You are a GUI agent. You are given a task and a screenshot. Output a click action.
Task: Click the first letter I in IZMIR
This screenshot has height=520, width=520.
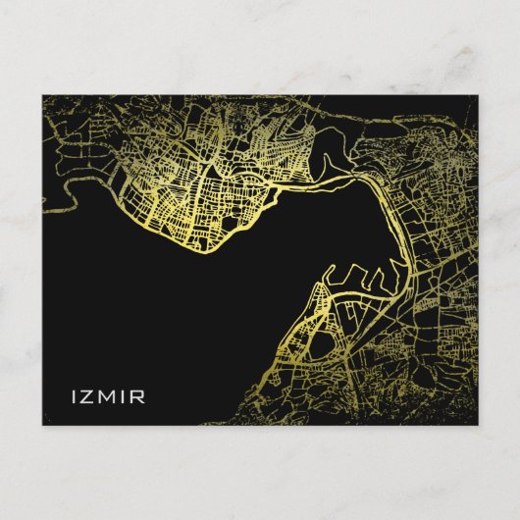click(76, 397)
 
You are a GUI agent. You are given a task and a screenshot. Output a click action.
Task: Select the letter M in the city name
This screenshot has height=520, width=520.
click(109, 397)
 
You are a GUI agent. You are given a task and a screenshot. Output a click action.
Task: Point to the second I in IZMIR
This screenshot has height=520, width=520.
click(125, 397)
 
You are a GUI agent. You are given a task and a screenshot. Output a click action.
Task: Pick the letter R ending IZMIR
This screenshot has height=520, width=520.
click(138, 397)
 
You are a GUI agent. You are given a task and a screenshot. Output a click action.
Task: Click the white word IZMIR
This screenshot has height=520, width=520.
click(107, 397)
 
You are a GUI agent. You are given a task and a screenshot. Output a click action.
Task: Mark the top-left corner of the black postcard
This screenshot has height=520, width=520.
click(42, 95)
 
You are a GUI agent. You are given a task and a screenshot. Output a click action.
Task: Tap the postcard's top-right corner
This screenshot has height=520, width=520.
click(477, 95)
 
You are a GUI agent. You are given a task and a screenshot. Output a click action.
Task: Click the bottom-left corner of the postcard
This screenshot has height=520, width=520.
click(42, 425)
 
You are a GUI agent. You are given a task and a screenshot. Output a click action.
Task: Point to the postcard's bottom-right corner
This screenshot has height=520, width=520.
click(477, 425)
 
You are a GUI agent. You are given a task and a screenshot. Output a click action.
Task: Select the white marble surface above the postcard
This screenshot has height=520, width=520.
click(260, 44)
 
